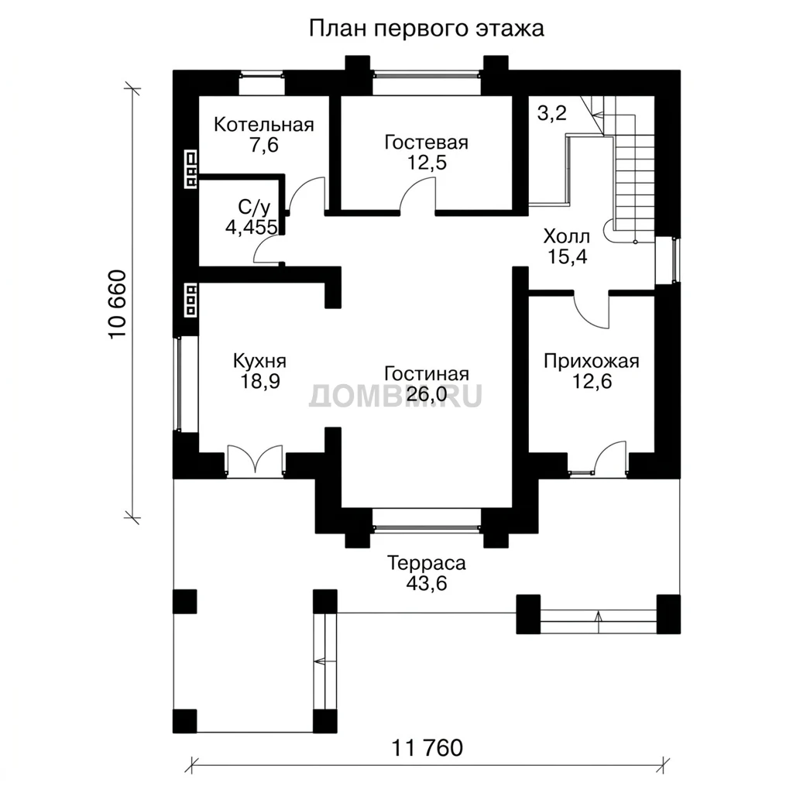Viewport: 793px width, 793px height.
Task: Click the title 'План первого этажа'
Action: (427, 29)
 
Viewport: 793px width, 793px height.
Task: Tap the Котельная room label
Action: (264, 125)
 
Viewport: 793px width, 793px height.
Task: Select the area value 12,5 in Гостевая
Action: (427, 163)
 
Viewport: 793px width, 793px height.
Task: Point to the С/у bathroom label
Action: (254, 207)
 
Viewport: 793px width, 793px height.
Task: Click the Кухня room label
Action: (259, 361)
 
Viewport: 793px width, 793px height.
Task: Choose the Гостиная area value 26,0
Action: (427, 393)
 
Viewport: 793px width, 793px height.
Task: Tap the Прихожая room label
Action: (591, 361)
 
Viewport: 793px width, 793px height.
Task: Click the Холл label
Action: (566, 236)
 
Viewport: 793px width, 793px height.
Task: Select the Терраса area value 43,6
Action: (427, 583)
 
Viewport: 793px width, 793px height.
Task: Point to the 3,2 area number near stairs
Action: (551, 113)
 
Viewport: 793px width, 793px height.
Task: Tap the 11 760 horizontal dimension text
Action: (427, 747)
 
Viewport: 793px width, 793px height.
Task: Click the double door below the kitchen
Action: (255, 460)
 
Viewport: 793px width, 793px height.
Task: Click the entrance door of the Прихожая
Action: (611, 457)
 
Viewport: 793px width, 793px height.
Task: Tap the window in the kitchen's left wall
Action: (178, 384)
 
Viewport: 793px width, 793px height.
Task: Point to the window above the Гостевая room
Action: (427, 75)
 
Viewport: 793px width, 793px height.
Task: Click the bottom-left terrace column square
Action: (184, 721)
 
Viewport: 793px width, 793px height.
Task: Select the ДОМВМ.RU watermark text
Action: (396, 396)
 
